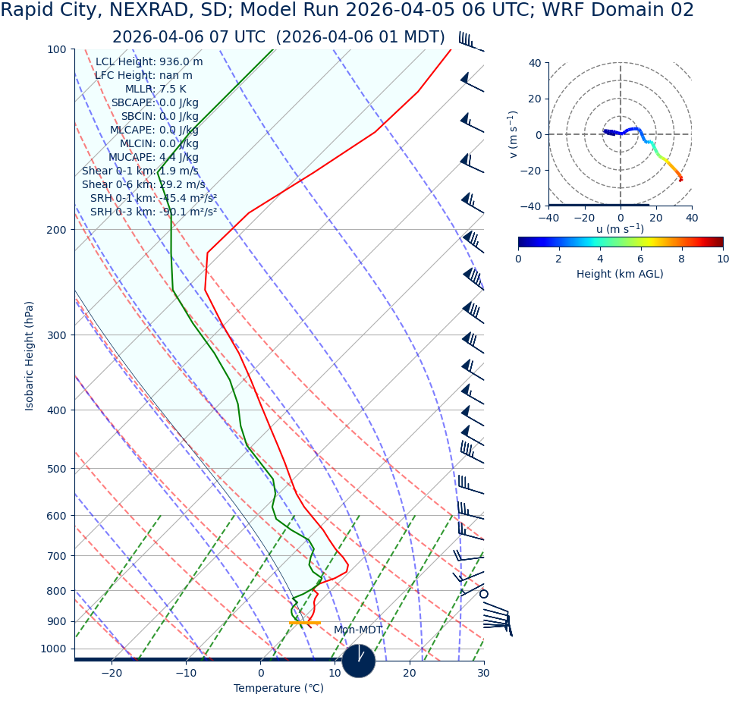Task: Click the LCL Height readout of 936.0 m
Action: coord(149,62)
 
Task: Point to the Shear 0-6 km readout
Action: coord(143,185)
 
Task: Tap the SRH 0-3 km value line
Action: coord(153,212)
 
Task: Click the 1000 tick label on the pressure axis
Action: coord(54,649)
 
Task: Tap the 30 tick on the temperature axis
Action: coord(483,674)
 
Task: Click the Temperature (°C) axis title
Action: coord(278,689)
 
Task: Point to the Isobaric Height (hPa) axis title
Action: coord(30,356)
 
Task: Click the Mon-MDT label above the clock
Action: coord(358,630)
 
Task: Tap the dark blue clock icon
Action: coord(359,661)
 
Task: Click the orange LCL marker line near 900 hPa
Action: coord(305,623)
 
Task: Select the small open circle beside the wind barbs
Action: coord(484,594)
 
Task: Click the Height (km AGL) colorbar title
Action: coord(620,275)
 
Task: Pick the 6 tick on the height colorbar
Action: coord(641,259)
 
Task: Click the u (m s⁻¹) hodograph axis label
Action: coord(620,229)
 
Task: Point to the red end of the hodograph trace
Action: coord(680,179)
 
